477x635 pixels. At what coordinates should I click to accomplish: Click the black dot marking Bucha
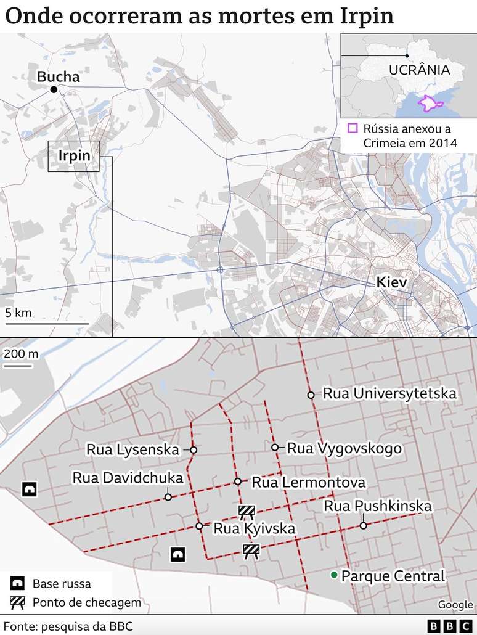(x=54, y=90)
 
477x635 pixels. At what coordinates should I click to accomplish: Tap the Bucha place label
(x=59, y=77)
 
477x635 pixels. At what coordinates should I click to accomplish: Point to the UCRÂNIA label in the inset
(x=419, y=70)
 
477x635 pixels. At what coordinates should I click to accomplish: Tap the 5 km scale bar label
(x=18, y=313)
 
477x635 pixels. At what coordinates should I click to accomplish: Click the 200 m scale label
(x=20, y=354)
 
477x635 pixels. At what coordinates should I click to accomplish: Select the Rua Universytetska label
(x=389, y=393)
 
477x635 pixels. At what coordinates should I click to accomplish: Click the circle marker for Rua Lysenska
(x=194, y=450)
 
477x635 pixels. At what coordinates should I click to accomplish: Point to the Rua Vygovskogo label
(x=344, y=448)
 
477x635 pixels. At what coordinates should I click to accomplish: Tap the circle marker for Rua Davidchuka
(x=168, y=497)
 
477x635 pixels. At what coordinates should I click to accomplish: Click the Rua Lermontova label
(x=309, y=482)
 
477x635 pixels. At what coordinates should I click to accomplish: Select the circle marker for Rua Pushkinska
(x=364, y=526)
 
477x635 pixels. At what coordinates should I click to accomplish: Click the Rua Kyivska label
(x=254, y=528)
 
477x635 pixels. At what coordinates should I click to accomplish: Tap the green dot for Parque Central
(x=333, y=575)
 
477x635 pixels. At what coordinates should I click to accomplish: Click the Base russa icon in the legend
(x=18, y=583)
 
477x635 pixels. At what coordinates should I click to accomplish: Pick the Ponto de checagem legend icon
(x=18, y=602)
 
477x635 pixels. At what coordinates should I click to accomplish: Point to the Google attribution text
(x=455, y=605)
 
